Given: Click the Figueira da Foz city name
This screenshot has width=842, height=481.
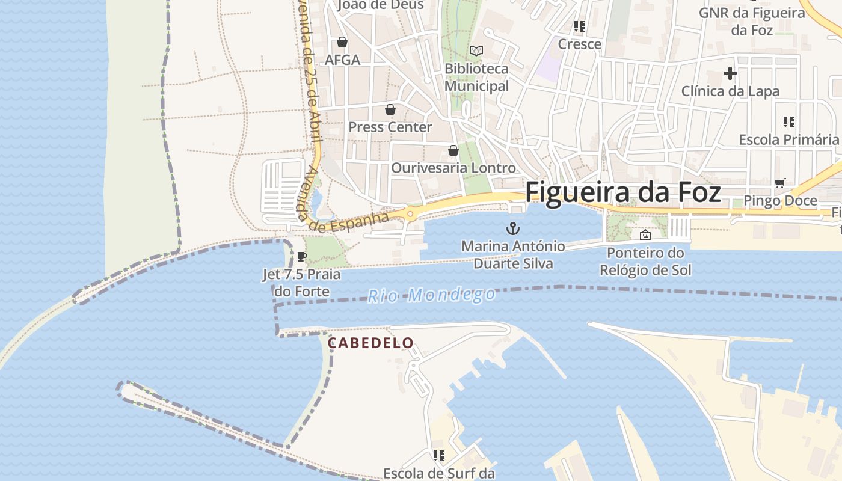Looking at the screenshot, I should coord(622,192).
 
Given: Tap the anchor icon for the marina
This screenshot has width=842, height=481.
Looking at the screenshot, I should coord(512,228).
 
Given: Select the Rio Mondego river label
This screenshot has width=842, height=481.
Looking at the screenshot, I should coord(431,295).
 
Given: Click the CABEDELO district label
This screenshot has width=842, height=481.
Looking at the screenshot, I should coord(370,343).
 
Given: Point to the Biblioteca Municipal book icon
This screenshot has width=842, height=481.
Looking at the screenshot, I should coord(476,51).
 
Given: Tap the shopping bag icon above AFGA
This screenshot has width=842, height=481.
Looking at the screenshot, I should coord(342,42).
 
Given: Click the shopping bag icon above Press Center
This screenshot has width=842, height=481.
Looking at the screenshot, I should coord(390,109).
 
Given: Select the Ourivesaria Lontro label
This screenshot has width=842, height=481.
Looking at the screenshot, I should coord(453,168).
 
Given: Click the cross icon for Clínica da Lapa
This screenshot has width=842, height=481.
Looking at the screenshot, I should coord(730,74).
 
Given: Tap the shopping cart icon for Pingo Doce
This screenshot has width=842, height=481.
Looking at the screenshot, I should coord(780,183).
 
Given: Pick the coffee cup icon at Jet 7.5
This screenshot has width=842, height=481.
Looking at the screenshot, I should coord(302,257).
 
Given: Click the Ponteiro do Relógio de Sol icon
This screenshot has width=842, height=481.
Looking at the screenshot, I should coord(645,235).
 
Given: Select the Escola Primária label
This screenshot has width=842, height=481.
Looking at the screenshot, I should coord(788,139).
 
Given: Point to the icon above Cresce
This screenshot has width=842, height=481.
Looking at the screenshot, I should coord(580,26).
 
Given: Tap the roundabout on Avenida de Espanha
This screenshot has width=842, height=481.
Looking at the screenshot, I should coord(411,213).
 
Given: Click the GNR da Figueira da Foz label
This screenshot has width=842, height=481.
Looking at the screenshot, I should coord(752,21).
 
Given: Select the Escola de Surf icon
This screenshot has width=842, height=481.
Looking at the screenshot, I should coord(438,456).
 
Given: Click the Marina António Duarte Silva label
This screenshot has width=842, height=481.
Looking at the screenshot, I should coord(513,255).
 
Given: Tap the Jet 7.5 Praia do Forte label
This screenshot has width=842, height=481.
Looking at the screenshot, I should coord(301,283).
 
